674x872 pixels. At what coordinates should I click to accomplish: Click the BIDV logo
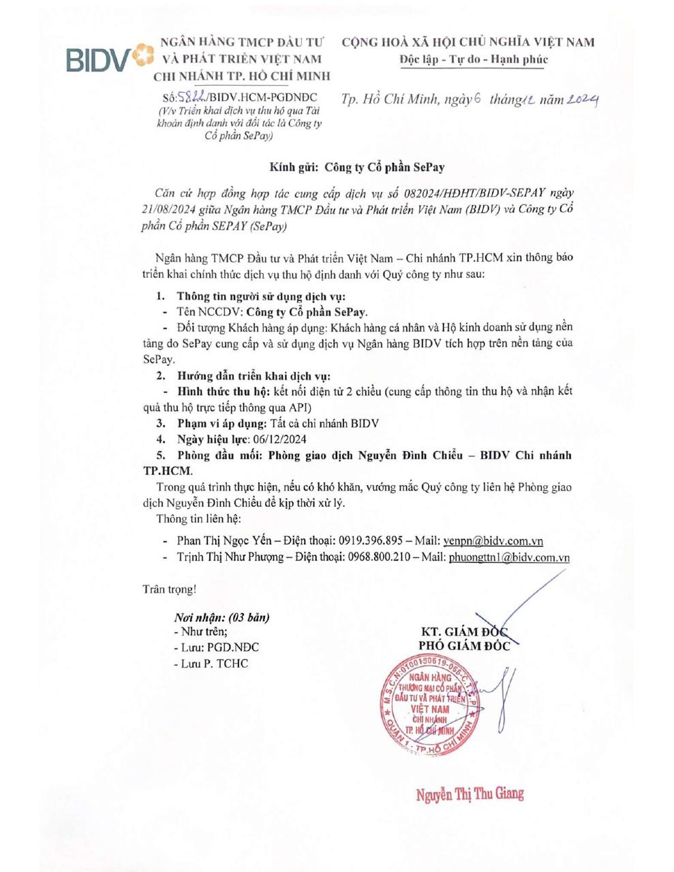tap(109, 59)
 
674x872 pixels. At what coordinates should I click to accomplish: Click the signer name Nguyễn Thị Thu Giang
tap(470, 794)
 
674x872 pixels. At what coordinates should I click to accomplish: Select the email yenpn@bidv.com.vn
tap(493, 541)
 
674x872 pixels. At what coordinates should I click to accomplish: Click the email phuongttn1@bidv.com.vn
tap(509, 557)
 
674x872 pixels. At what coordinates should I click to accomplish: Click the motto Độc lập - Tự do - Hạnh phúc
tap(474, 59)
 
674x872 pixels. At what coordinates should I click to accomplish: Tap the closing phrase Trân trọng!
tap(169, 589)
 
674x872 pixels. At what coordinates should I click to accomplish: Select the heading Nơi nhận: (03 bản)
tap(221, 617)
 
